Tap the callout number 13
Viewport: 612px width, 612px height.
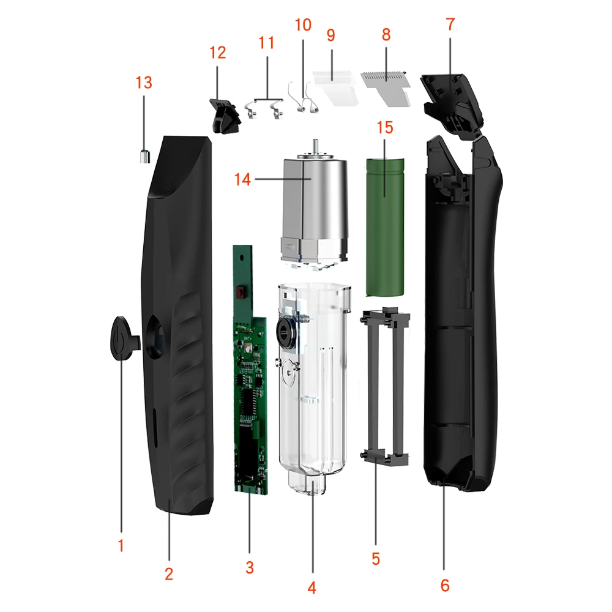(144, 83)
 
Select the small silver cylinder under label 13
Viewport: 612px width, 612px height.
(143, 157)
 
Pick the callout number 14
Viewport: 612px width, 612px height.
(243, 179)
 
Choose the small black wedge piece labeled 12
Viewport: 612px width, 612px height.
(223, 115)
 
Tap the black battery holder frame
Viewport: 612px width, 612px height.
(386, 386)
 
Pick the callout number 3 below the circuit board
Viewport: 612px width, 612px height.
(249, 567)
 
